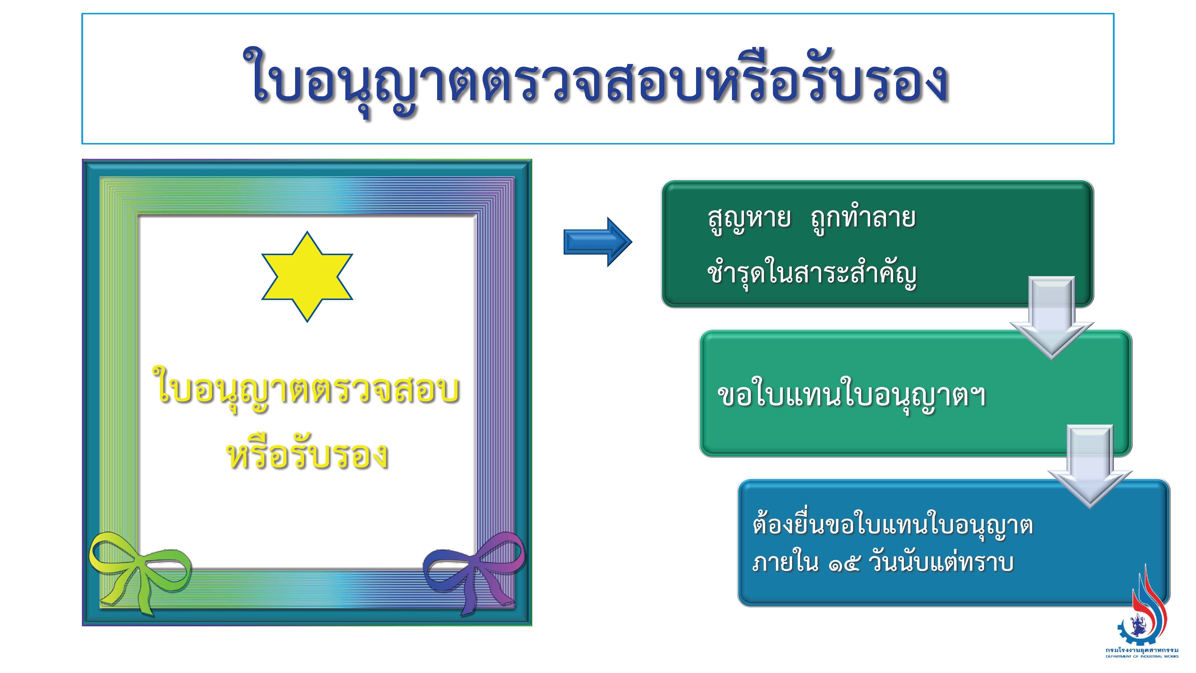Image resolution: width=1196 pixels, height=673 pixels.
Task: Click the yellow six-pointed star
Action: pyautogui.click(x=307, y=276)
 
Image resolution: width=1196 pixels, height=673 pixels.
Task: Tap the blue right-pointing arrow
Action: pyautogui.click(x=597, y=242)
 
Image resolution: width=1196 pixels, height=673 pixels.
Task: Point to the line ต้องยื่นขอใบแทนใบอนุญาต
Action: pyautogui.click(x=892, y=527)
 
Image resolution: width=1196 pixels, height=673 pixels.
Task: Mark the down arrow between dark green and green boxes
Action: pyautogui.click(x=1052, y=318)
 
